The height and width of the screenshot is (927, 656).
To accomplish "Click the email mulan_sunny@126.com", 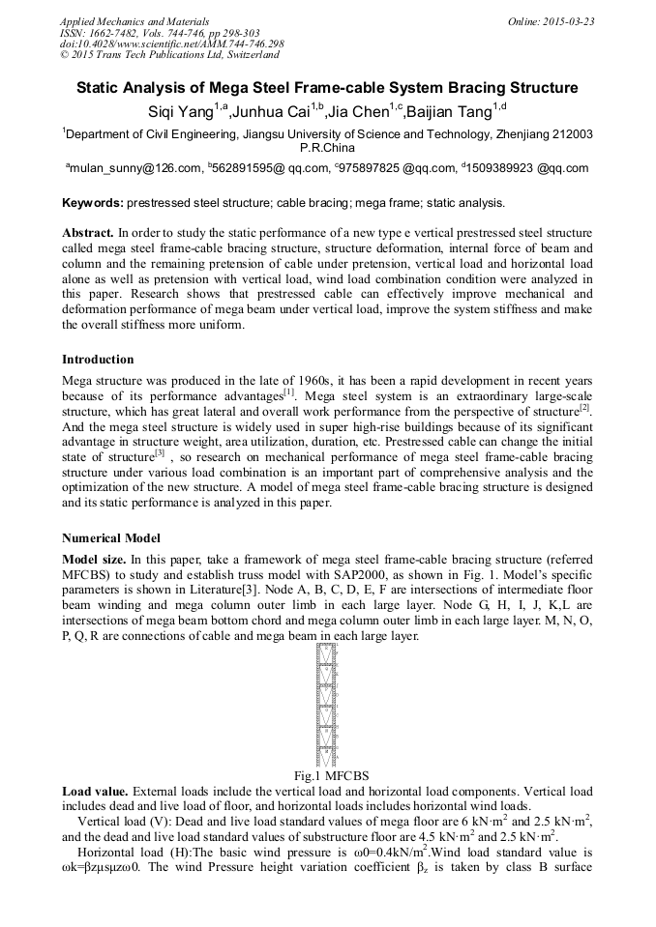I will pos(134,168).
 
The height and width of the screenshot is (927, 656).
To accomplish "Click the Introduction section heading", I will pos(98,359).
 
